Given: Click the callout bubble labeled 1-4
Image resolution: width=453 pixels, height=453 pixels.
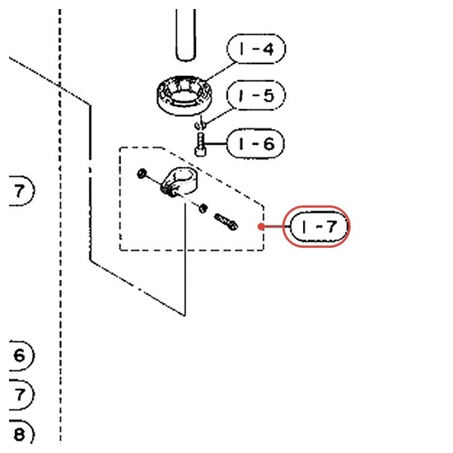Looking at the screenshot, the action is tap(256, 49).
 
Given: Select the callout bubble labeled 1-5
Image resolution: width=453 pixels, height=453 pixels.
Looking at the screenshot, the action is tap(256, 95).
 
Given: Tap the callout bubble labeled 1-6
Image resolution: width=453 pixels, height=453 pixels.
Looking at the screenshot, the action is tap(255, 143).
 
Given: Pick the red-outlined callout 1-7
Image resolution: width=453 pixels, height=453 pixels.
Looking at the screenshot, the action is tap(316, 226).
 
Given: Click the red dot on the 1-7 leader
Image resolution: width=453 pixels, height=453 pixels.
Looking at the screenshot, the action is tap(261, 226).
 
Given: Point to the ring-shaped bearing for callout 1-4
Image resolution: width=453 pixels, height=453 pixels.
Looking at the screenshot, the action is tap(184, 96).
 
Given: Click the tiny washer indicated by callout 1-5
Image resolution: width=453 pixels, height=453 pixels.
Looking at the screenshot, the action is tap(200, 124).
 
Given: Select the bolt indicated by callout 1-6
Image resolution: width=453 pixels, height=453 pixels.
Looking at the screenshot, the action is tap(200, 144).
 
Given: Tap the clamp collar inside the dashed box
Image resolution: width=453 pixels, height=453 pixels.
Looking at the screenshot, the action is tap(178, 181).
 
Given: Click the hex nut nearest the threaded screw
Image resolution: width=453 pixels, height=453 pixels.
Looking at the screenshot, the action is tap(203, 208).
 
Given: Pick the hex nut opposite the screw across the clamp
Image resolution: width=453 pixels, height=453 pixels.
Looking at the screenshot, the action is tap(142, 173).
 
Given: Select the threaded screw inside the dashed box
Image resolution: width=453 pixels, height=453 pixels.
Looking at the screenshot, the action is tap(226, 222).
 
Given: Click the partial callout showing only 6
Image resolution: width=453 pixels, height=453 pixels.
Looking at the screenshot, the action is tap(21, 355).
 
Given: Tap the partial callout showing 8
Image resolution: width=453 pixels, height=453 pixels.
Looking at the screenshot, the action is tap(21, 433).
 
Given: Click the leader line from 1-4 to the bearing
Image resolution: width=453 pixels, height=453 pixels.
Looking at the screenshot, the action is tap(221, 71).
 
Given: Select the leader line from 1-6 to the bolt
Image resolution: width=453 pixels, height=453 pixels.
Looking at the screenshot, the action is tap(216, 143).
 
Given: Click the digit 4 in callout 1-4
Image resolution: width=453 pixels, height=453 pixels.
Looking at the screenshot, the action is tap(269, 49).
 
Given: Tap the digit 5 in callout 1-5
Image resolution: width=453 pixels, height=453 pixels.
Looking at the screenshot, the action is tap(269, 95).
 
